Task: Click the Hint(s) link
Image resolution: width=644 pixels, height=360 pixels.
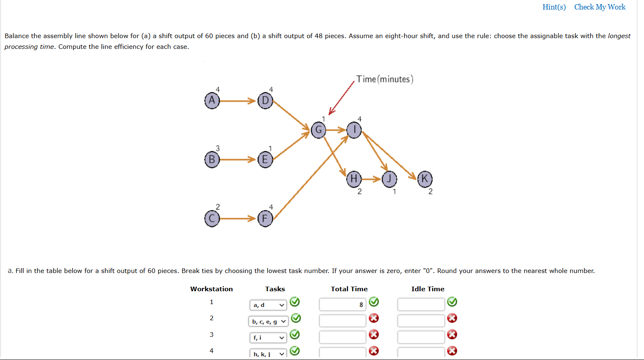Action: pyautogui.click(x=554, y=7)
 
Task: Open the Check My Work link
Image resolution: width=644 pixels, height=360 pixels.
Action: pyautogui.click(x=600, y=7)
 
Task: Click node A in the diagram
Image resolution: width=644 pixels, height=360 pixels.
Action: pyautogui.click(x=212, y=100)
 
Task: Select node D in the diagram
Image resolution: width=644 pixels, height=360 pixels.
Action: pyautogui.click(x=265, y=100)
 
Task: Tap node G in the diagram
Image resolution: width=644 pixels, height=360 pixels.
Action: pyautogui.click(x=318, y=130)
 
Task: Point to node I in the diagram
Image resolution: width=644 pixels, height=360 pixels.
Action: pyautogui.click(x=354, y=130)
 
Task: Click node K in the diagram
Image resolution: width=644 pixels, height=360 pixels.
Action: pyautogui.click(x=425, y=179)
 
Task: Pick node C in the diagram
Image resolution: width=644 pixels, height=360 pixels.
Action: pyautogui.click(x=212, y=218)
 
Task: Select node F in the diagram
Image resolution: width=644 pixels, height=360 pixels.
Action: pyautogui.click(x=265, y=218)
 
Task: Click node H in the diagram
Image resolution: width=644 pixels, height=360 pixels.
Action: pyautogui.click(x=354, y=179)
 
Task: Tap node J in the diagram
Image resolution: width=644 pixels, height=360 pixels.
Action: pyautogui.click(x=389, y=179)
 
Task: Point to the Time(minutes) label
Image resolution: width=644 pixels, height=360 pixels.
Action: pyautogui.click(x=385, y=79)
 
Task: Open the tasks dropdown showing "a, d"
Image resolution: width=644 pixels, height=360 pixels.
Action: pyautogui.click(x=268, y=305)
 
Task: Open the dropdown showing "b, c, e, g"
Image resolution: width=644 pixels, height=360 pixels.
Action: pyautogui.click(x=268, y=321)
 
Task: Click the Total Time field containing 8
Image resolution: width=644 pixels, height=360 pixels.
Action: pyautogui.click(x=342, y=304)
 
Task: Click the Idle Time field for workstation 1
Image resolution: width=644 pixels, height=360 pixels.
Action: pyautogui.click(x=421, y=304)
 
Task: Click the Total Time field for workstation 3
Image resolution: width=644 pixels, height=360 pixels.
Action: pyautogui.click(x=342, y=337)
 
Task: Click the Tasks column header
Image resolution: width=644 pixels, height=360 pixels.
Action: pyautogui.click(x=275, y=289)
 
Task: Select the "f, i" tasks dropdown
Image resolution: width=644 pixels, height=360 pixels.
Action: pyautogui.click(x=268, y=338)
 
